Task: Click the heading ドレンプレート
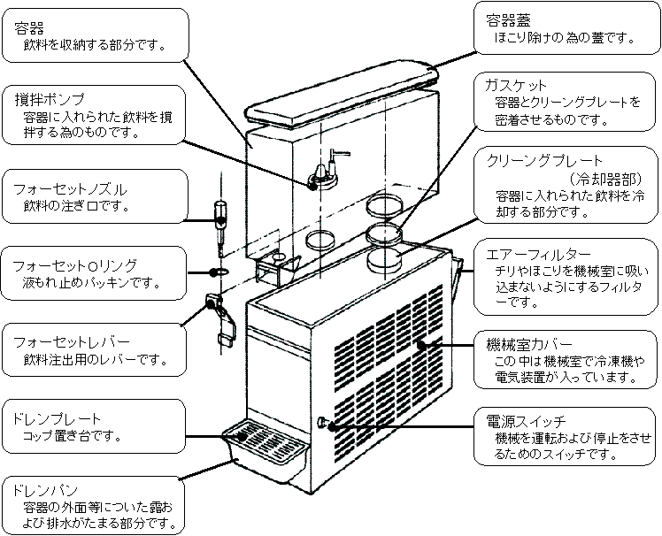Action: click(58, 417)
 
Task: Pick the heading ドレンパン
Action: click(47, 489)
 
